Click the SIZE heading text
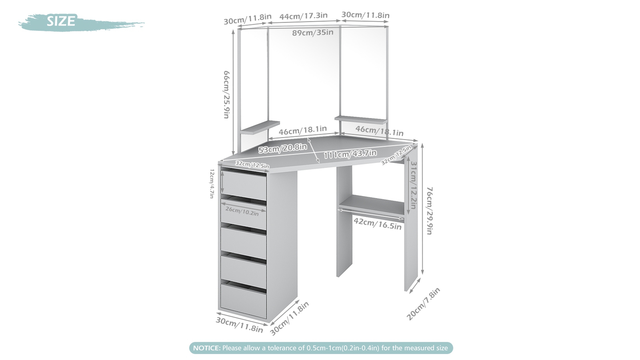point(61,21)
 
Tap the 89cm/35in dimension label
point(313,33)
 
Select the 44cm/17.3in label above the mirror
point(303,16)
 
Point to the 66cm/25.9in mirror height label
point(227,94)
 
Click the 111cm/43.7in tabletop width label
point(350,154)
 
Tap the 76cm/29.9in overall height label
point(430,210)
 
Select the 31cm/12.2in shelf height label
point(413,185)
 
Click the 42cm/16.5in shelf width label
point(377,223)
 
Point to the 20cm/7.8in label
point(423,304)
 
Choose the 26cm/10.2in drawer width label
point(242,211)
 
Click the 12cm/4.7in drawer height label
point(212,183)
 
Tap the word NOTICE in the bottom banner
point(207,348)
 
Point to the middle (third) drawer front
point(243,243)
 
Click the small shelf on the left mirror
point(260,128)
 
